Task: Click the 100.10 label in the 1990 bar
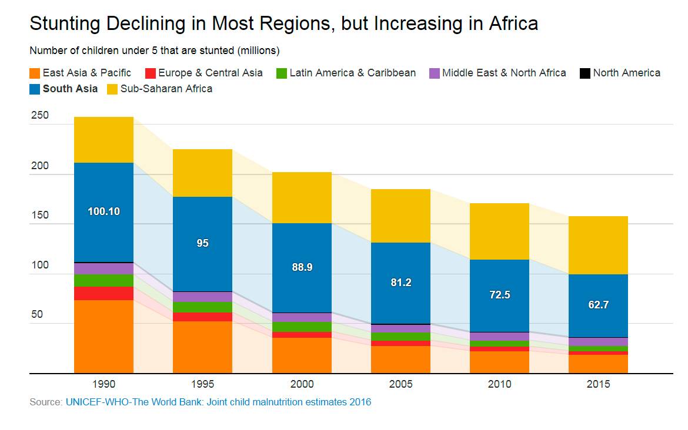[x=103, y=211]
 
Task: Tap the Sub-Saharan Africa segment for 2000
[x=302, y=197]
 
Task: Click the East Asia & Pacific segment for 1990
[x=103, y=336]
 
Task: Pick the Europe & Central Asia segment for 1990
[x=103, y=293]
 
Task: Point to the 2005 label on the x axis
[x=400, y=384]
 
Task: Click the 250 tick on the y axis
[x=40, y=115]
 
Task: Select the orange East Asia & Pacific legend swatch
[x=35, y=73]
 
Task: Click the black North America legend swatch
[x=585, y=73]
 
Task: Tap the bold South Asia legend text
[x=70, y=89]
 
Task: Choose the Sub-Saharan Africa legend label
[x=166, y=89]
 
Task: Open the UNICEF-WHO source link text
[x=218, y=402]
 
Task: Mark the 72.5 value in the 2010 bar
[x=499, y=295]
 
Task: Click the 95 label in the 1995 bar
[x=202, y=243]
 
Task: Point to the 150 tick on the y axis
[x=40, y=215]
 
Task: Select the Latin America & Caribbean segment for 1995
[x=202, y=307]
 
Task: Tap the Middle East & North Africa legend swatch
[x=435, y=73]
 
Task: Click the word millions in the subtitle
[x=258, y=51]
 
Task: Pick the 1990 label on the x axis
[x=103, y=384]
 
